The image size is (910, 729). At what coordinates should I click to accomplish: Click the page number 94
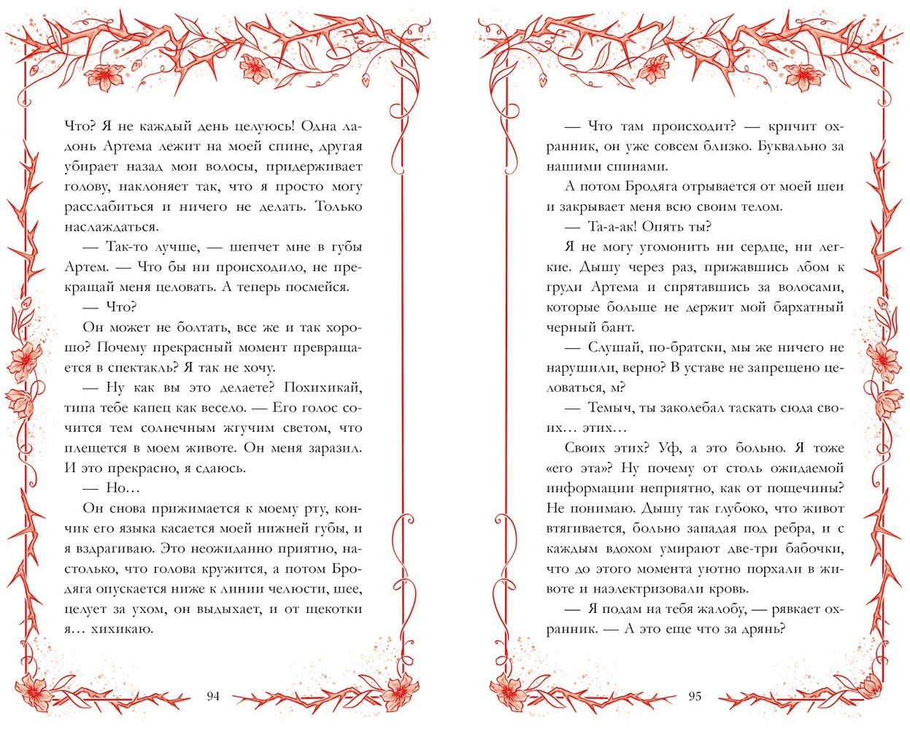click(213, 695)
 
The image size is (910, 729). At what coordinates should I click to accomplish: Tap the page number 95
click(695, 695)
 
